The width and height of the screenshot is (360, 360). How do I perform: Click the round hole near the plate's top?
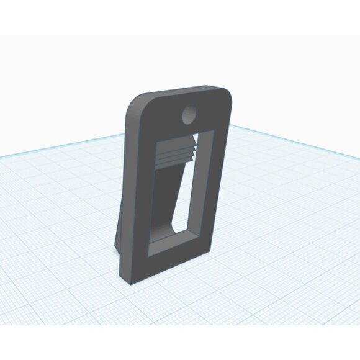[x=188, y=114]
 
